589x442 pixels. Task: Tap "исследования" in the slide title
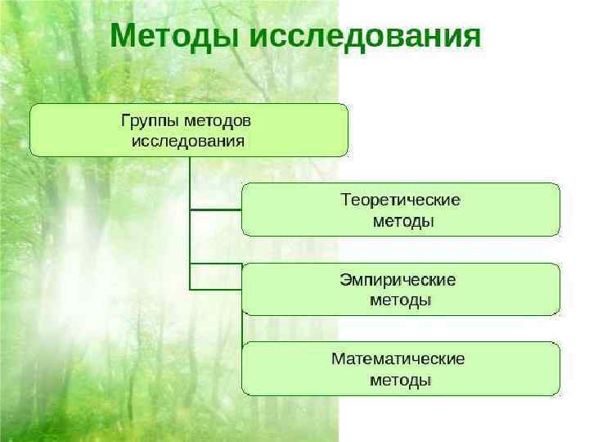(362, 37)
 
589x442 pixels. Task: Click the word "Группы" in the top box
(151, 120)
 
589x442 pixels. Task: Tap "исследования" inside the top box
(188, 141)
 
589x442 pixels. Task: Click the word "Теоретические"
(400, 200)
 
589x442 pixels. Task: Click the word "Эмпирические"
(398, 280)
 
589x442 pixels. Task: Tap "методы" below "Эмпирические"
(401, 300)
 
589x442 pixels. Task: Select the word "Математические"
(398, 359)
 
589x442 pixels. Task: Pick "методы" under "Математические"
(401, 380)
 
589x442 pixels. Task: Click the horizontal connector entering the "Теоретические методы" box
(215, 210)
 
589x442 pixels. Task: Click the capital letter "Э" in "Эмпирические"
(344, 280)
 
